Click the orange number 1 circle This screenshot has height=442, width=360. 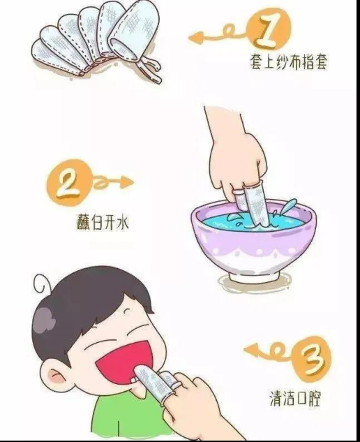click(269, 31)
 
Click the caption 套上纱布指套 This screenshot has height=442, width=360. click(288, 61)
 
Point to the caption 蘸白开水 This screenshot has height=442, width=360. click(103, 222)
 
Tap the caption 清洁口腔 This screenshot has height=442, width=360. click(295, 398)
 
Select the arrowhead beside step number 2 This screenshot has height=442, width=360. click(126, 182)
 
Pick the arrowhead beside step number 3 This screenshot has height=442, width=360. click(251, 350)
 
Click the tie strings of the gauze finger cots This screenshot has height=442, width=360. click(149, 69)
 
